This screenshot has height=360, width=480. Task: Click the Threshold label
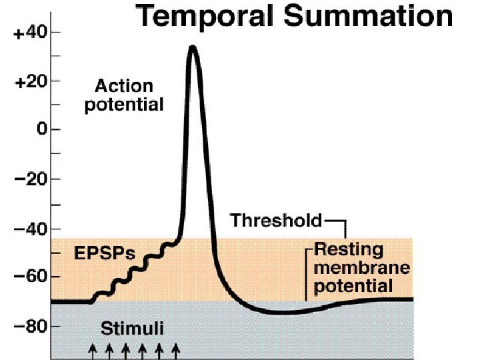click(x=276, y=219)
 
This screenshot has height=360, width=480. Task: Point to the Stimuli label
click(x=131, y=328)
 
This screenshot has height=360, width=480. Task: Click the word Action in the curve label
click(x=124, y=87)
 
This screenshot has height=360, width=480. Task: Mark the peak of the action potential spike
click(x=193, y=47)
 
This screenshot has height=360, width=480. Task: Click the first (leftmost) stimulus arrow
click(x=93, y=351)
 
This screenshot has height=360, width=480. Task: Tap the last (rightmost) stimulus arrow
click(x=175, y=351)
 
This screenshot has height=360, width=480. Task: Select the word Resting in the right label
click(x=349, y=251)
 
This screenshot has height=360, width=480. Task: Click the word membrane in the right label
click(x=361, y=269)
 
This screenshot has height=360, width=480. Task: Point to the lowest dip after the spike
click(x=283, y=312)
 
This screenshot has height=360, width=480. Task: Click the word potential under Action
click(x=124, y=105)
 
